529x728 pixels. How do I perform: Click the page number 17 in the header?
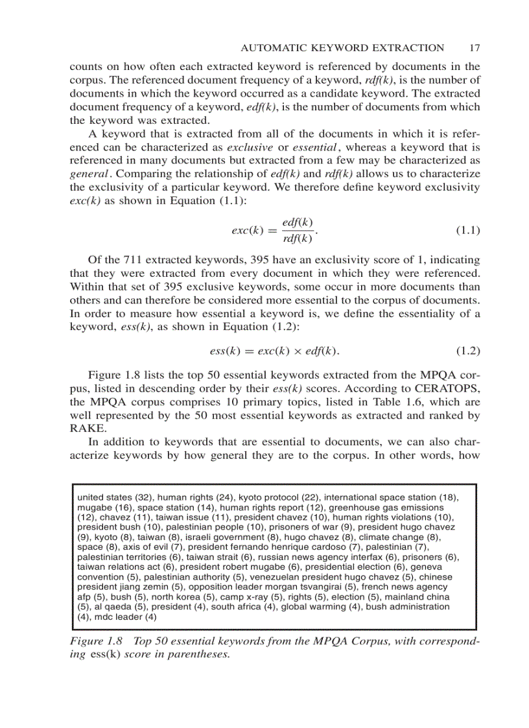coord(473,47)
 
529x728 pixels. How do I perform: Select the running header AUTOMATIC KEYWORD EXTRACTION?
coord(342,47)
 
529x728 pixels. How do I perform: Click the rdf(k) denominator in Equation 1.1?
coord(298,239)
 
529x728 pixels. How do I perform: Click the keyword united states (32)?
coord(115,497)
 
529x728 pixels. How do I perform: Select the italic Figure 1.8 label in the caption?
coord(96,640)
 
